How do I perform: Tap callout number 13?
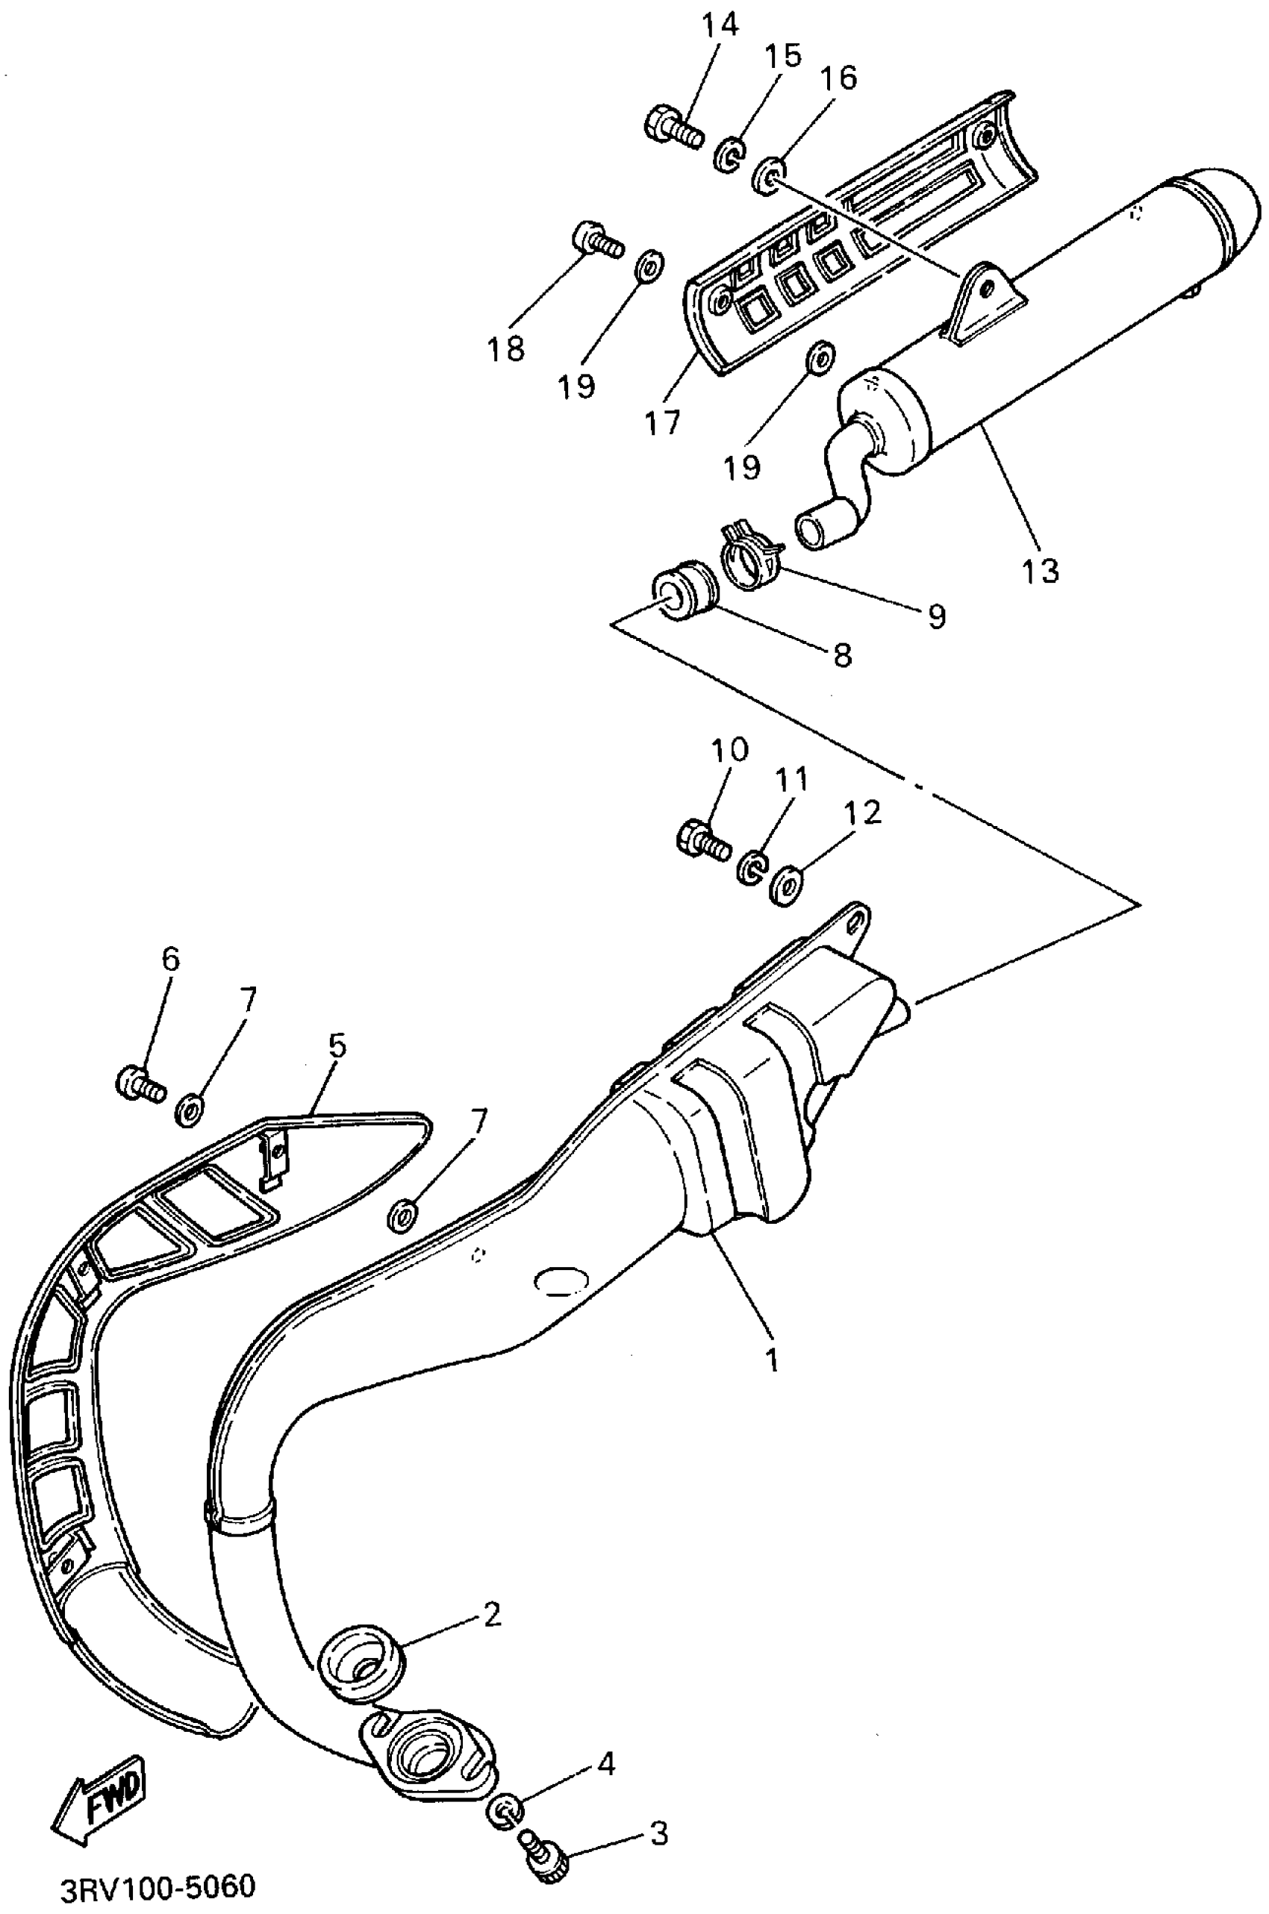point(1039,571)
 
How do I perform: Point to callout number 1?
point(772,1358)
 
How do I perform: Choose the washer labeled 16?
point(767,176)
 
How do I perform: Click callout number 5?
point(337,1045)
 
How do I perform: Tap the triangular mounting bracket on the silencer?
point(986,298)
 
